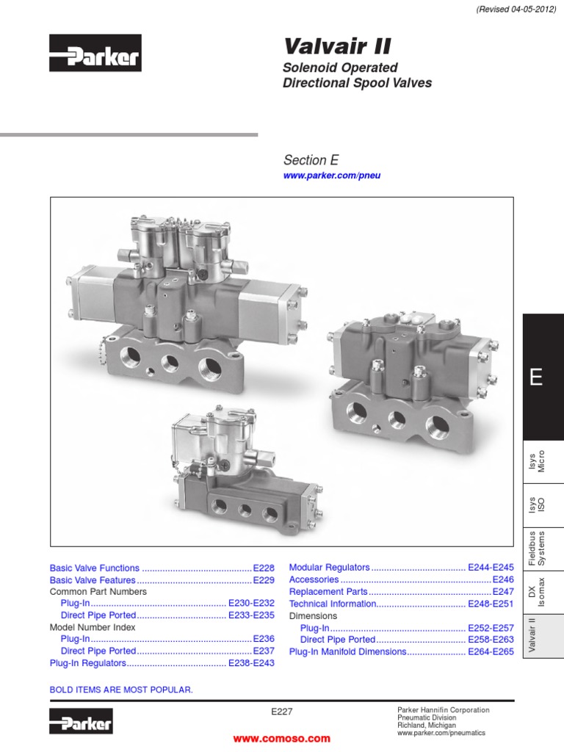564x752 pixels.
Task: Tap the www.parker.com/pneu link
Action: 332,176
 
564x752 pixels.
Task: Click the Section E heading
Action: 311,160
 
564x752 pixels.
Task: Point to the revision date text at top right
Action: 507,10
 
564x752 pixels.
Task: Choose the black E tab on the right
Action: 543,377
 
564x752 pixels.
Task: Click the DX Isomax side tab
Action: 543,591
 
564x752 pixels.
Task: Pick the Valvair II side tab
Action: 543,636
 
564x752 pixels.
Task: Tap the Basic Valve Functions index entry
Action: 95,568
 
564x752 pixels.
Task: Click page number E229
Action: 263,580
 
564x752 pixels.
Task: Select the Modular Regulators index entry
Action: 330,568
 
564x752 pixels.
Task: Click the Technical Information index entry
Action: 333,604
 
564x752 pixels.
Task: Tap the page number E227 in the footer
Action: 282,711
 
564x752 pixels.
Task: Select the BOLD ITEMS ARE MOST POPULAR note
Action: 121,690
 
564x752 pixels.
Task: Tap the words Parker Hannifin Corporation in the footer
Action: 443,710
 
